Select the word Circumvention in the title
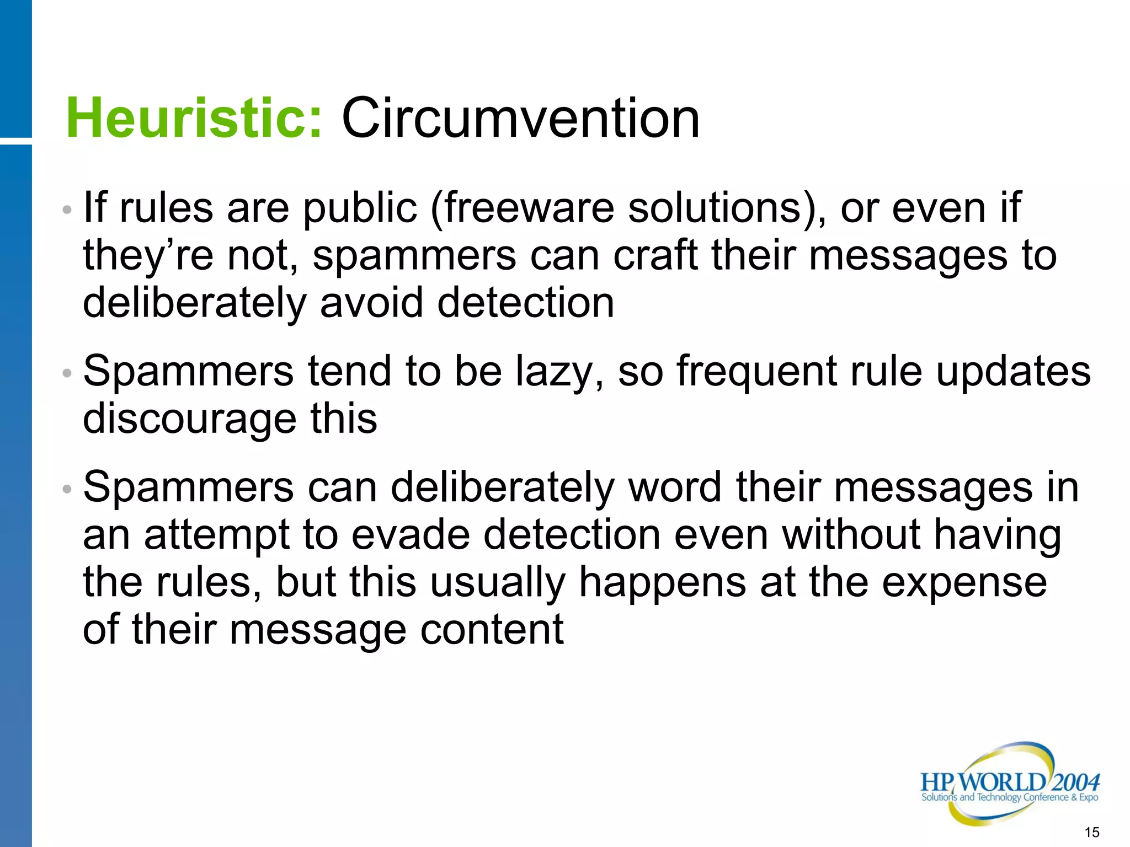point(520,118)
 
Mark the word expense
point(964,583)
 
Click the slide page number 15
point(1092,832)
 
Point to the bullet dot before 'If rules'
point(67,210)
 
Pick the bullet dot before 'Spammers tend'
point(67,373)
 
